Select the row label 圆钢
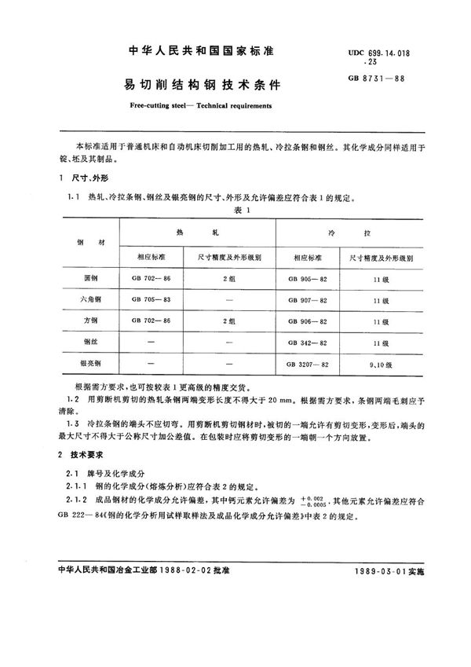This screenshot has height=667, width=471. click(86, 278)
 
